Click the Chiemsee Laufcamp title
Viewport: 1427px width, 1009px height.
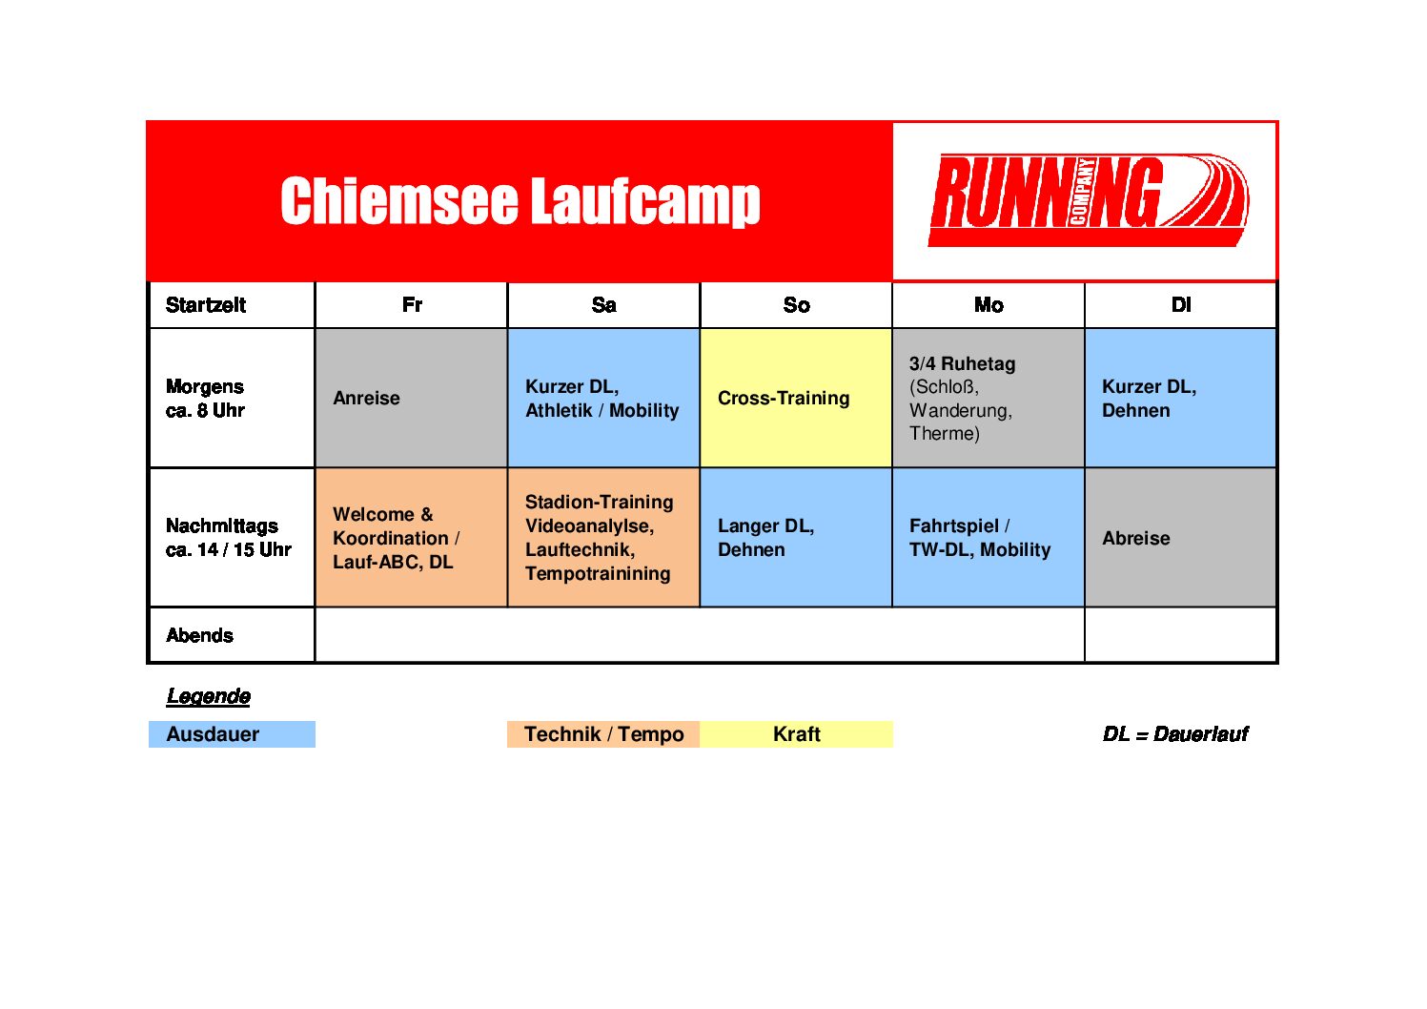tap(520, 201)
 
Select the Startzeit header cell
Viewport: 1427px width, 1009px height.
tap(232, 305)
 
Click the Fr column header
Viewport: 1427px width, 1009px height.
tap(412, 305)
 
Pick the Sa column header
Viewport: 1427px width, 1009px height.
tap(604, 305)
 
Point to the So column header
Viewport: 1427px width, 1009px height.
tap(796, 305)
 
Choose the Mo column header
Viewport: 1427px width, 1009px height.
tap(989, 305)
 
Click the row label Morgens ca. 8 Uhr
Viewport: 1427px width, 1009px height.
tap(205, 399)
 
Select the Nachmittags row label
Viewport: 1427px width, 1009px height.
tap(228, 537)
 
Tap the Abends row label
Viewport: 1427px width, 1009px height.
tap(199, 635)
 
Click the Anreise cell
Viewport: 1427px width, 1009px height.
tap(412, 398)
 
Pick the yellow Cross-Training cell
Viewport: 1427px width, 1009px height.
tap(796, 398)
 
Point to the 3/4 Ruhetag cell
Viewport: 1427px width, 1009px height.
tap(989, 398)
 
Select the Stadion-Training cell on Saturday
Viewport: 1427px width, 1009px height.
tap(604, 537)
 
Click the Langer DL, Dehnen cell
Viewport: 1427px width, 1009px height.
tap(796, 537)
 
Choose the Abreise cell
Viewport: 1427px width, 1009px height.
tap(1181, 537)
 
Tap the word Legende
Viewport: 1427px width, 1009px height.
tap(209, 696)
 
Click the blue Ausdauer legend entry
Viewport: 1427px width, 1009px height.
tap(232, 734)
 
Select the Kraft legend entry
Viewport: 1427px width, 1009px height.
tap(796, 734)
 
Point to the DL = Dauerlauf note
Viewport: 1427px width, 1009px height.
tap(1175, 734)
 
